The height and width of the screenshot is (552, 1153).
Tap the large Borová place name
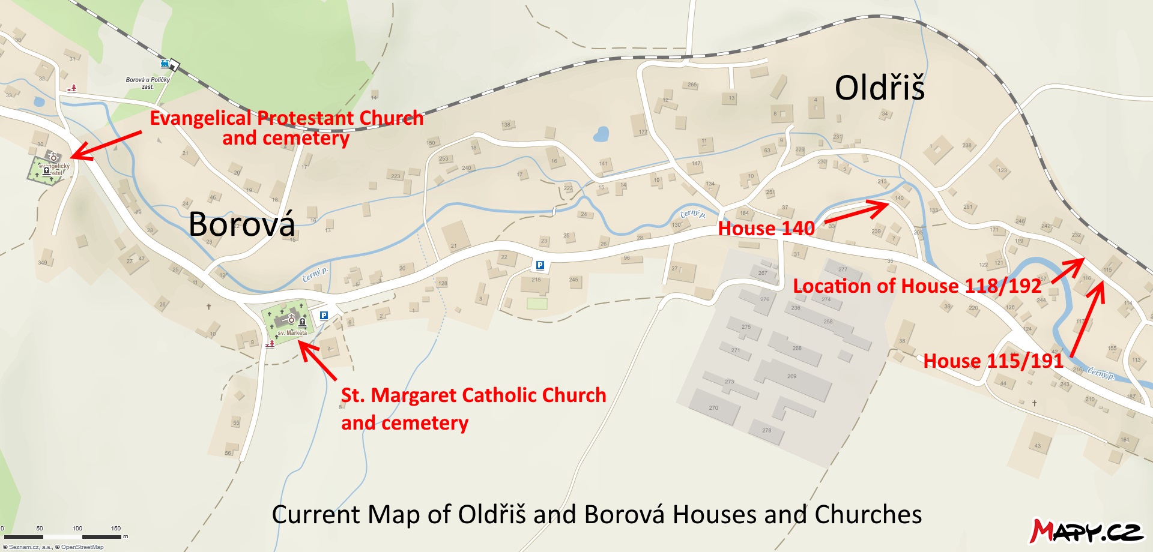241,224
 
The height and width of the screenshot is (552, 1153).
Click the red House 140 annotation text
766,229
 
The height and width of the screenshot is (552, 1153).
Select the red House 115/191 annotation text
993,361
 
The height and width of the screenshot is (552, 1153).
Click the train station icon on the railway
165,63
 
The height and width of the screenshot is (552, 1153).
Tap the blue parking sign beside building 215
540,265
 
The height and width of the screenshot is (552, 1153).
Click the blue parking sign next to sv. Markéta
324,316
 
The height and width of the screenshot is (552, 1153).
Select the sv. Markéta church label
292,332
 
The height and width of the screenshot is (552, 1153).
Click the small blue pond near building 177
601,134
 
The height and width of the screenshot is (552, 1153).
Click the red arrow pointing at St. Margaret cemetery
317,360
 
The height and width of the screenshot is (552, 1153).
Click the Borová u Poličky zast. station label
148,83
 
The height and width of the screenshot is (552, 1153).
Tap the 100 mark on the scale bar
77,529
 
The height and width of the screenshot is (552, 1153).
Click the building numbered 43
1038,445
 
